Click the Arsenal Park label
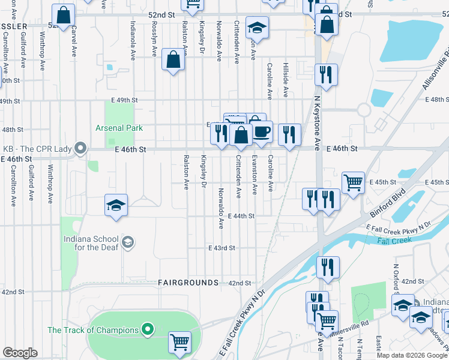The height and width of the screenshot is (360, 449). (x=118, y=128)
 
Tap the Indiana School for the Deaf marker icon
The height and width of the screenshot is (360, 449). (x=127, y=242)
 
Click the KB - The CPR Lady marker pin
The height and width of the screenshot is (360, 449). (x=80, y=148)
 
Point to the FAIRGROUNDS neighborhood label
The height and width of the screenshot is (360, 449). (x=188, y=282)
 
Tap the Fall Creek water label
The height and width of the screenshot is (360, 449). (x=394, y=241)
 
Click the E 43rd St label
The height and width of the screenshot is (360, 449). (x=221, y=248)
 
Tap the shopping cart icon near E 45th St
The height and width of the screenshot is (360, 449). (x=353, y=181)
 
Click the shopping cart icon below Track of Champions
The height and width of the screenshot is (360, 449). (x=179, y=342)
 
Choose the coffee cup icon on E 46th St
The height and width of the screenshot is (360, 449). (x=261, y=132)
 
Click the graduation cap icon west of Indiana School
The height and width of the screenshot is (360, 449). (x=116, y=205)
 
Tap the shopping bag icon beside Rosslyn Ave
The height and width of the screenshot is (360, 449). (x=173, y=59)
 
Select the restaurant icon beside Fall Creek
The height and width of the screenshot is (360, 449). (x=327, y=266)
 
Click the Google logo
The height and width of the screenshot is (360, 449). (x=20, y=353)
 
